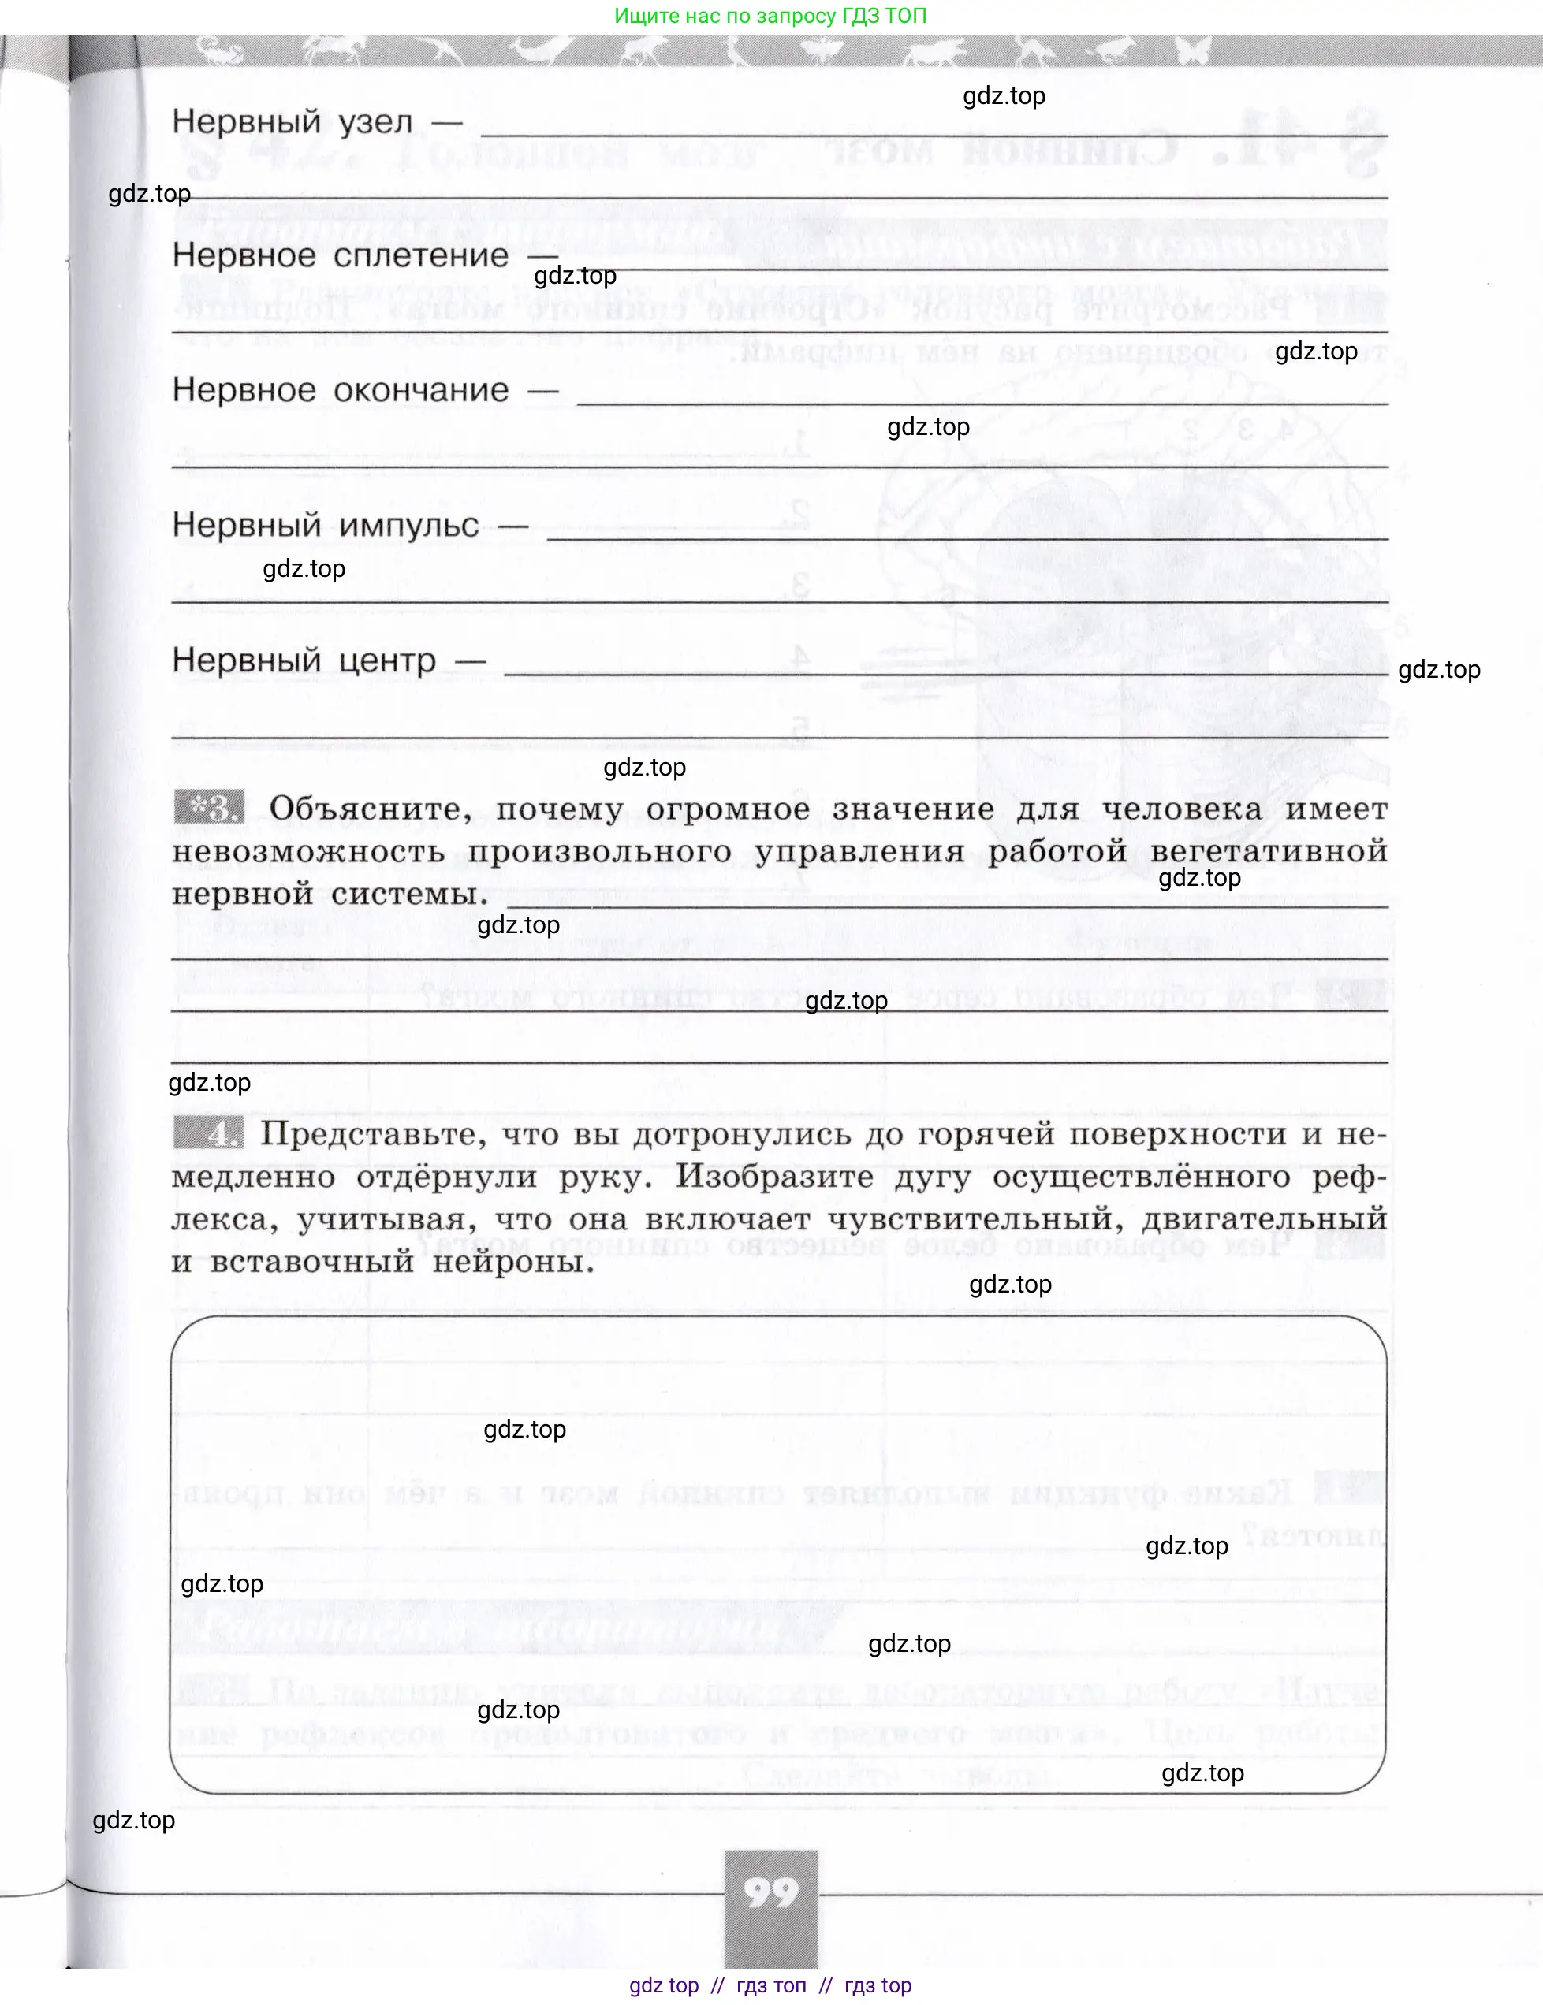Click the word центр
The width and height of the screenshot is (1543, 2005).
pyautogui.click(x=386, y=660)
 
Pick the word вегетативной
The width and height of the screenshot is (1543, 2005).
pyautogui.click(x=1269, y=852)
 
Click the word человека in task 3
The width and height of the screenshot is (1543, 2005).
pyautogui.click(x=1181, y=809)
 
